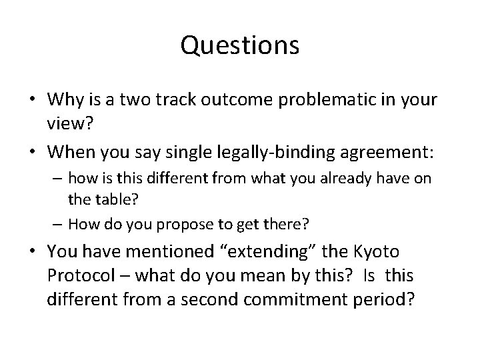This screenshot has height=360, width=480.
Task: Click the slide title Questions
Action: pos(240,45)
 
